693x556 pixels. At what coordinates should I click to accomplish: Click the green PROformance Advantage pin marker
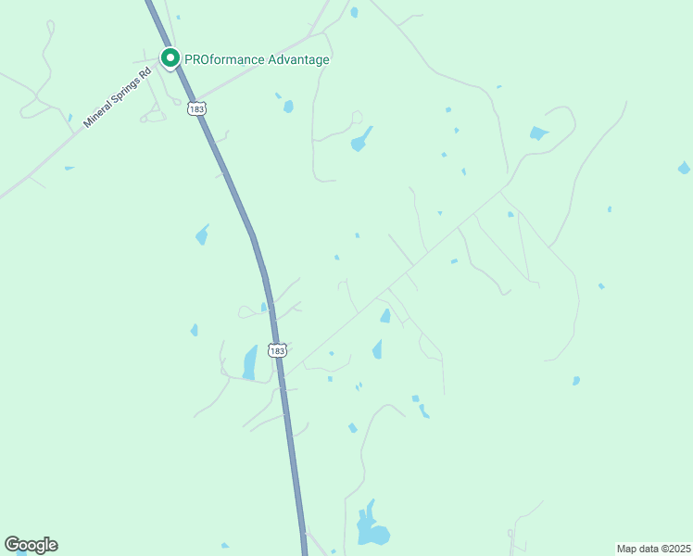click(x=170, y=58)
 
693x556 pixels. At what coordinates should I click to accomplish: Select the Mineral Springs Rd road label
click(x=116, y=96)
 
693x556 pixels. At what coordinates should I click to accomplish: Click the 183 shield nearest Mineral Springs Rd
click(x=195, y=108)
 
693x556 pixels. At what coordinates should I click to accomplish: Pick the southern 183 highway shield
click(x=277, y=350)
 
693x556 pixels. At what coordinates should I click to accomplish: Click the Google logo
click(x=31, y=545)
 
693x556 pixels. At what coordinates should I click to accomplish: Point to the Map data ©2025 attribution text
click(x=652, y=549)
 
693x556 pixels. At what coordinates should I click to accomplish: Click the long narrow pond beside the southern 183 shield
click(x=250, y=361)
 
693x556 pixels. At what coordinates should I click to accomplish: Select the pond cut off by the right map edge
click(x=684, y=168)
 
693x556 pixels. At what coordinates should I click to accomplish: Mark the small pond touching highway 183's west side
click(x=264, y=307)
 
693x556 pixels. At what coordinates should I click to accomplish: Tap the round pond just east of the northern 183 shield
click(x=288, y=107)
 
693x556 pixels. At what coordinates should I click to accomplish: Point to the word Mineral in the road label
click(x=96, y=113)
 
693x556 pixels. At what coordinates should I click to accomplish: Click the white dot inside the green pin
click(x=170, y=57)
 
